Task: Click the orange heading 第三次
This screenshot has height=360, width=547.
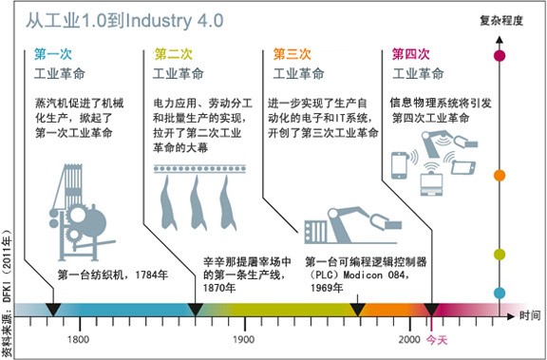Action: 292,53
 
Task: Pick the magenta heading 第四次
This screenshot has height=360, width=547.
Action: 410,53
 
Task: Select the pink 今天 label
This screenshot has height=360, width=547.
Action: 435,339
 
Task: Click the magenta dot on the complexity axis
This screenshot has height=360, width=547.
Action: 500,55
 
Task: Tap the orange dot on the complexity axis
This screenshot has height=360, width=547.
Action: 500,176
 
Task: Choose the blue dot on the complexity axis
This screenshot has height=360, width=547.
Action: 500,292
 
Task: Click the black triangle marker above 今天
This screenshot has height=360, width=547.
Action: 431,310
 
